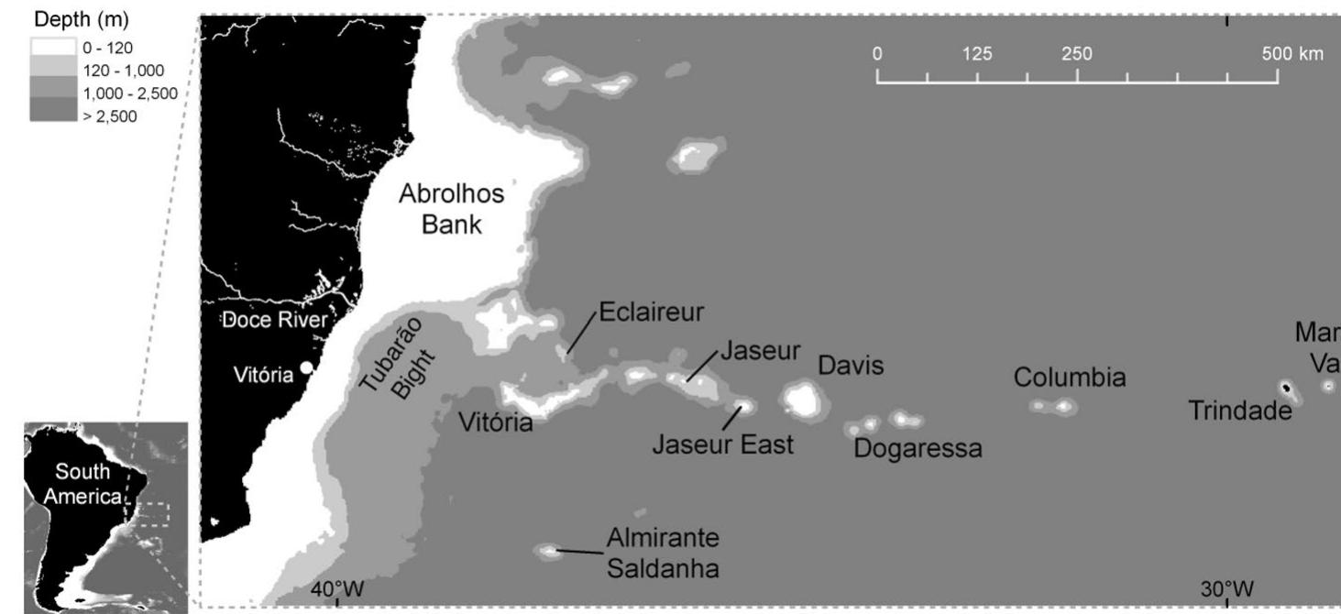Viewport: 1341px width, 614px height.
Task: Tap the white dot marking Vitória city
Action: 306,367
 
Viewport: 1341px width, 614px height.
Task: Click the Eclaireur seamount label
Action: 651,312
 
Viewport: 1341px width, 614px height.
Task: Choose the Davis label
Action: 851,367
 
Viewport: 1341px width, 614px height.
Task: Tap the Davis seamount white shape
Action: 801,399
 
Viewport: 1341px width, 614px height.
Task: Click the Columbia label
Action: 1070,378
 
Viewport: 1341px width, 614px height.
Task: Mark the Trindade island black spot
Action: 1285,389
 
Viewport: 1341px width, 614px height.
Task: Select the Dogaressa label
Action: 918,449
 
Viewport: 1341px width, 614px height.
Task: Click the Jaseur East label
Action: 722,446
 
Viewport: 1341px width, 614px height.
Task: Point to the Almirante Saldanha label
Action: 663,553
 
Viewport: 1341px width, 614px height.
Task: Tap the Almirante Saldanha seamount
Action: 548,551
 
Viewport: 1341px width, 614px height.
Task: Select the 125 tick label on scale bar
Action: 977,53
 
